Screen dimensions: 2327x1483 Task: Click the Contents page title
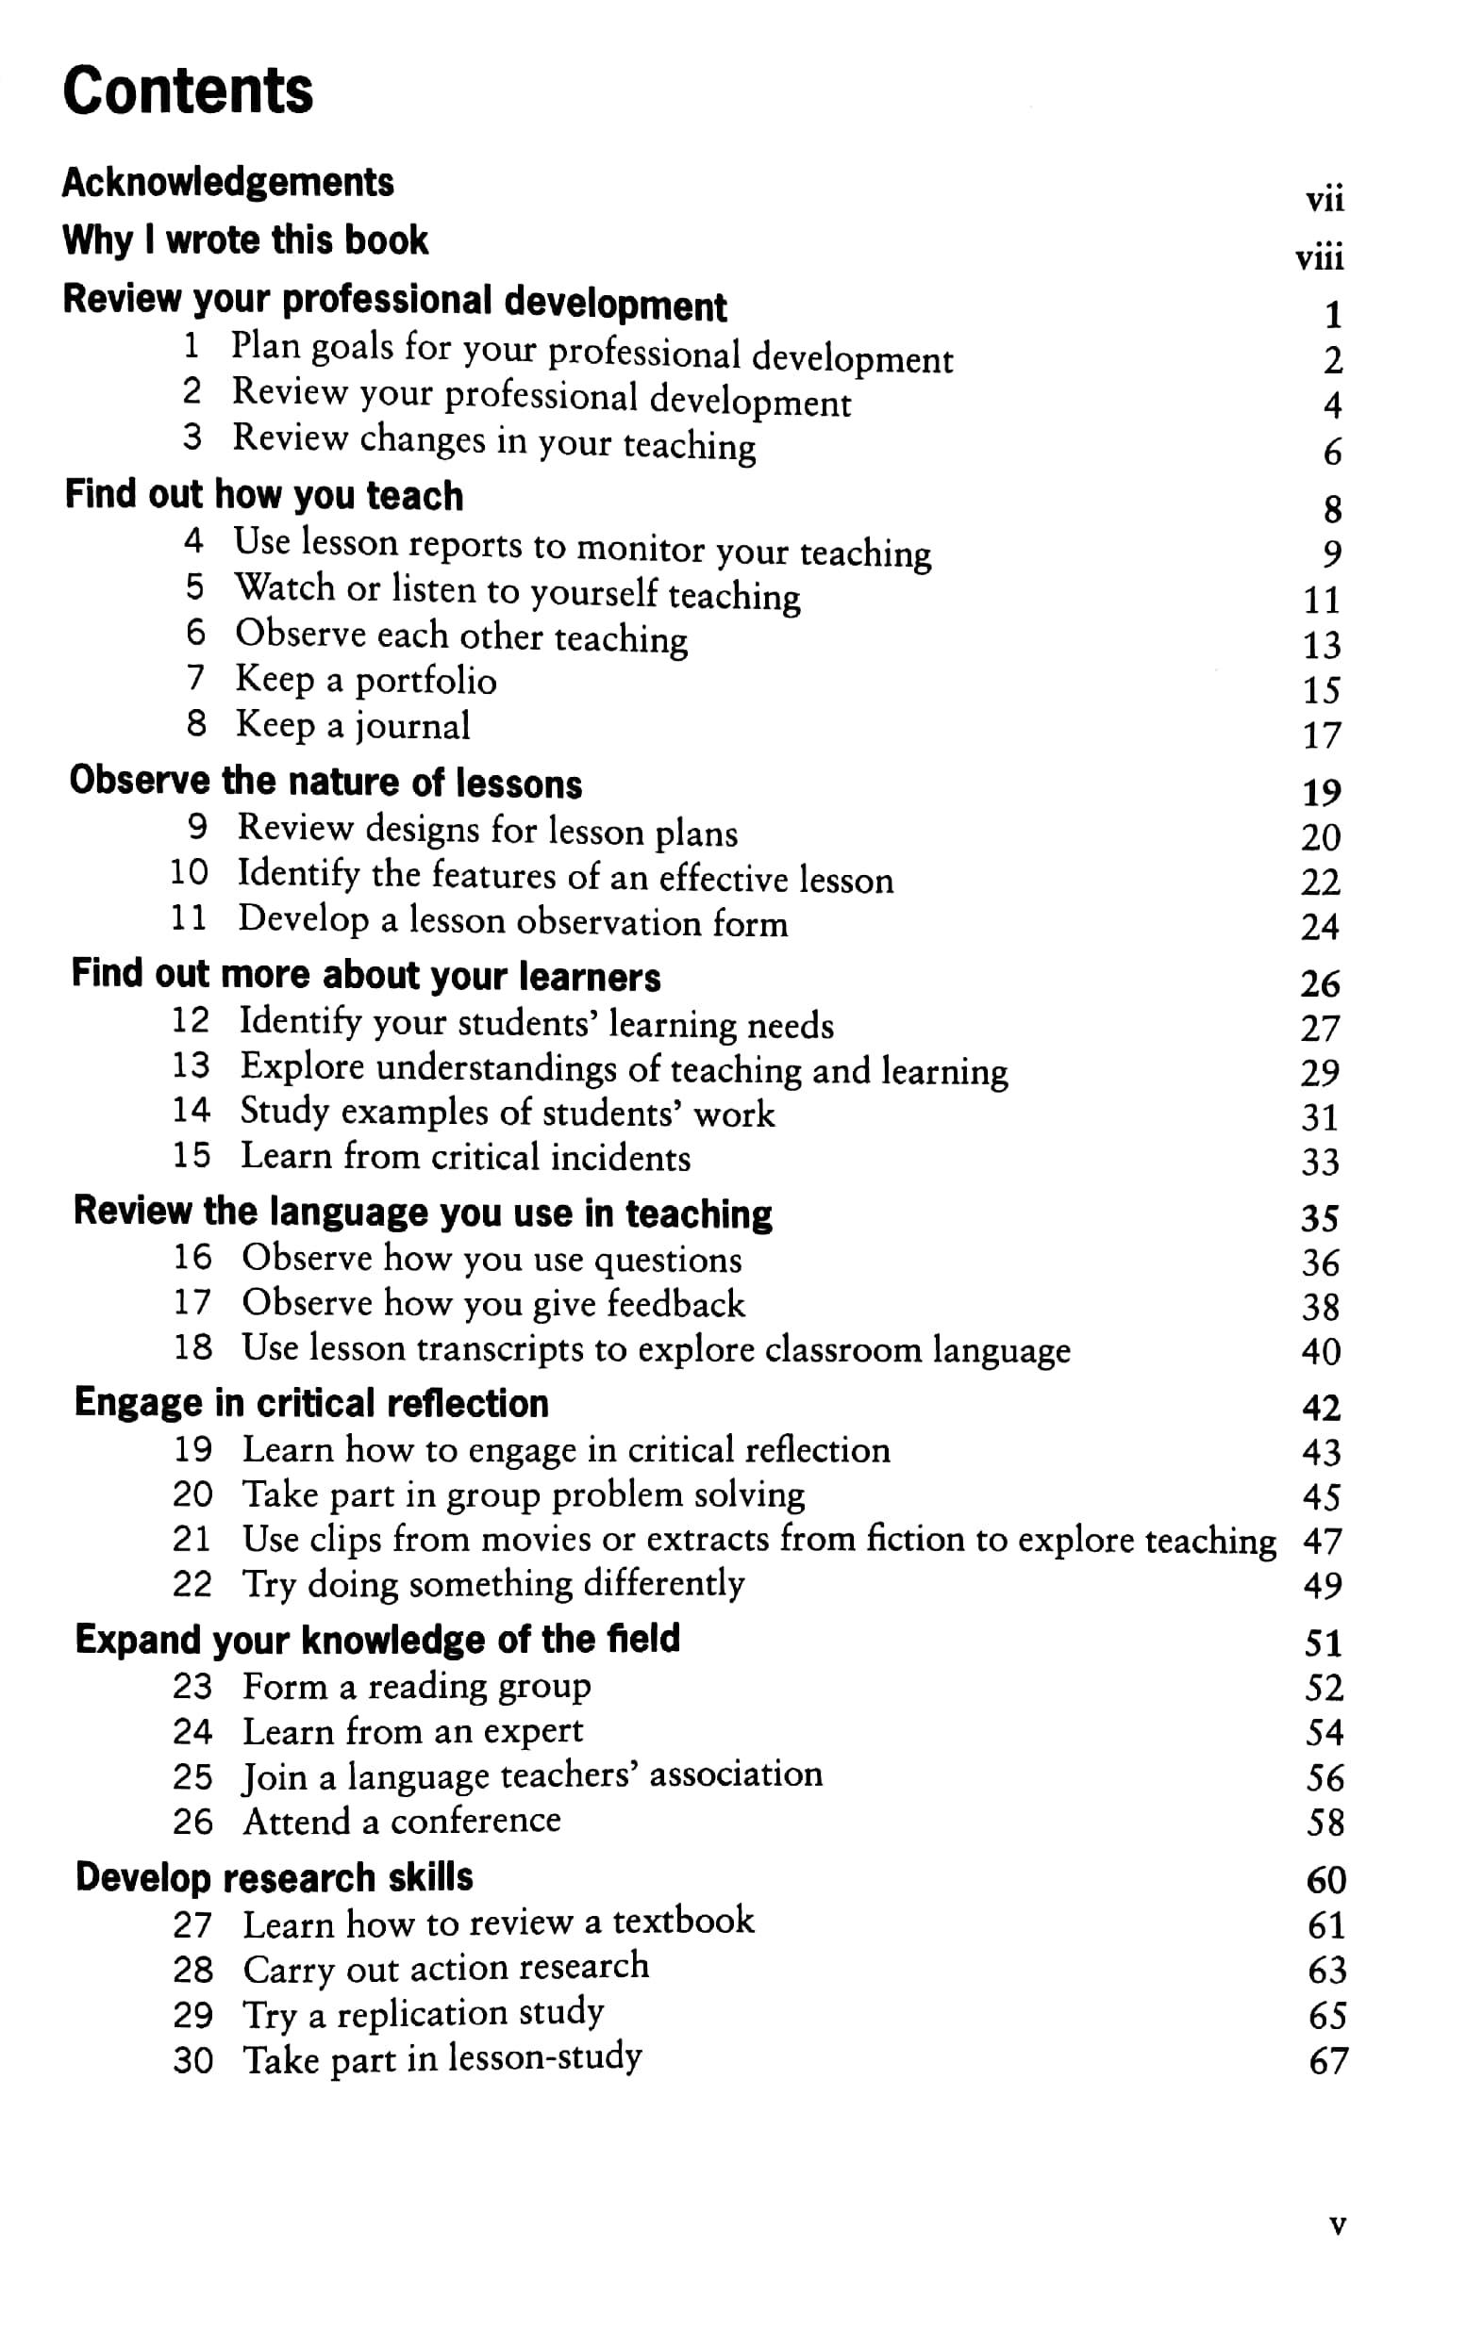pos(188,91)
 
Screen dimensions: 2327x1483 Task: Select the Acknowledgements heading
pos(228,183)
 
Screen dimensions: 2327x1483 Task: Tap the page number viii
pos(1319,257)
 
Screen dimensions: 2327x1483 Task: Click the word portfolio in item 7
pos(425,682)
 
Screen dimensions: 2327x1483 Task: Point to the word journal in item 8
pos(412,726)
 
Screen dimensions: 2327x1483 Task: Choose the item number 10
pos(190,871)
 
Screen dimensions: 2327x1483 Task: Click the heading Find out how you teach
pos(264,495)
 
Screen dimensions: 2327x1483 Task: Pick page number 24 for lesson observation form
pos(1320,927)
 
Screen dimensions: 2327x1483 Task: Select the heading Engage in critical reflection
pos(311,1402)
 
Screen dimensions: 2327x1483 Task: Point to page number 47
pos(1322,1541)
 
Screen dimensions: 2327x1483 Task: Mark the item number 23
pos(192,1686)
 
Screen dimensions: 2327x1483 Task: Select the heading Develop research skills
pos(275,1876)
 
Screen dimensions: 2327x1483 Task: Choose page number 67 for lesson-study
pos(1327,2060)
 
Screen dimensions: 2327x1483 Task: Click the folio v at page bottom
pos(1337,2224)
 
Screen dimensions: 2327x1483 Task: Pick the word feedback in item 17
pos(675,1304)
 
